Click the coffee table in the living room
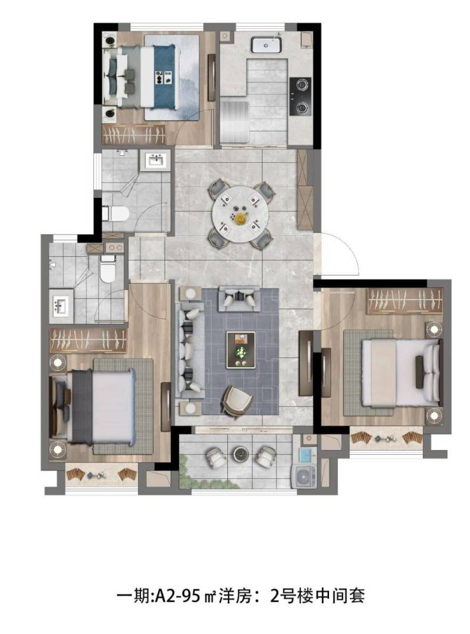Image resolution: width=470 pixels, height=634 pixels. click(x=241, y=350)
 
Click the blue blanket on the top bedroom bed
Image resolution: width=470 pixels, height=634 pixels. click(x=166, y=77)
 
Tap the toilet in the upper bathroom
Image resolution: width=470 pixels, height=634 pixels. click(x=116, y=214)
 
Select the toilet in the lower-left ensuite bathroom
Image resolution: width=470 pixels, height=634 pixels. click(x=108, y=268)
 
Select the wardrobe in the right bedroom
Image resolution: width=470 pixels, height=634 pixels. click(x=405, y=300)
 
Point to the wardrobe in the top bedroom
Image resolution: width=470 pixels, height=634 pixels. click(x=134, y=134)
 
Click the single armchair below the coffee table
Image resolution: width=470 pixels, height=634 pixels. click(x=237, y=400)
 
